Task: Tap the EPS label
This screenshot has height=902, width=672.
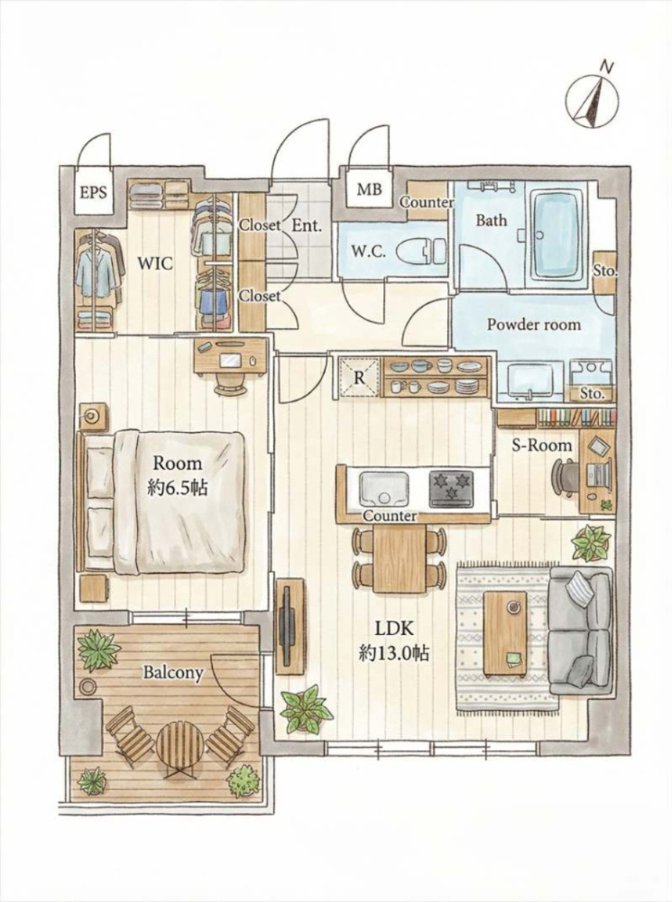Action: pyautogui.click(x=93, y=191)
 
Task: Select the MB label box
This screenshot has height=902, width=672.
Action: pyautogui.click(x=369, y=189)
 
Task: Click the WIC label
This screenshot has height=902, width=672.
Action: pyautogui.click(x=155, y=263)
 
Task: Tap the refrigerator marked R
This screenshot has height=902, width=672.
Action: pyautogui.click(x=359, y=377)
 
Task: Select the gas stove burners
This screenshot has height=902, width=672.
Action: pyautogui.click(x=452, y=488)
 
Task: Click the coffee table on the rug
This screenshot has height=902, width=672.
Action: pyautogui.click(x=504, y=634)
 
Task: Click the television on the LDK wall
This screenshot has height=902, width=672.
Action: pyautogui.click(x=285, y=625)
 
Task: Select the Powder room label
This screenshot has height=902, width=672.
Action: pyautogui.click(x=534, y=325)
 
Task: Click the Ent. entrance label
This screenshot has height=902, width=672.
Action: pyautogui.click(x=307, y=225)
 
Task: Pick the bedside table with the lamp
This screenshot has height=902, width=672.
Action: pyautogui.click(x=92, y=415)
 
